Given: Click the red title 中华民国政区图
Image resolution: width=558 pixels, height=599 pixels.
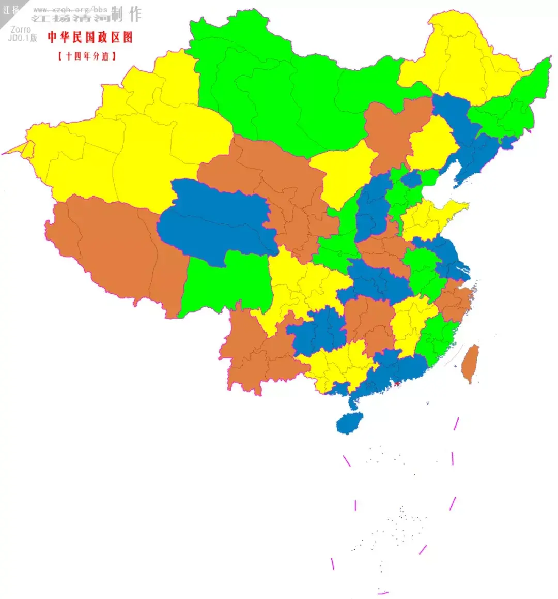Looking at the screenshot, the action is point(90,37).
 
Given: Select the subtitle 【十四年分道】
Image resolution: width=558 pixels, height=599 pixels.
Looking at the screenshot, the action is point(87,56).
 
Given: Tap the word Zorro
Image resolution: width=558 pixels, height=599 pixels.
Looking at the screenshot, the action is point(21,30).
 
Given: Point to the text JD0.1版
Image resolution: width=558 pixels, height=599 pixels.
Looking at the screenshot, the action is point(23,38).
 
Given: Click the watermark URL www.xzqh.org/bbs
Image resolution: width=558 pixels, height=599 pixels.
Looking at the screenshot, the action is point(70,10).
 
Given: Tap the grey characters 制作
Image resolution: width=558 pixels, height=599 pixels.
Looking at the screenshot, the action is point(127,14).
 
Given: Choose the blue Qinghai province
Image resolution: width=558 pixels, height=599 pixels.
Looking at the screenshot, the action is point(217,217).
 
